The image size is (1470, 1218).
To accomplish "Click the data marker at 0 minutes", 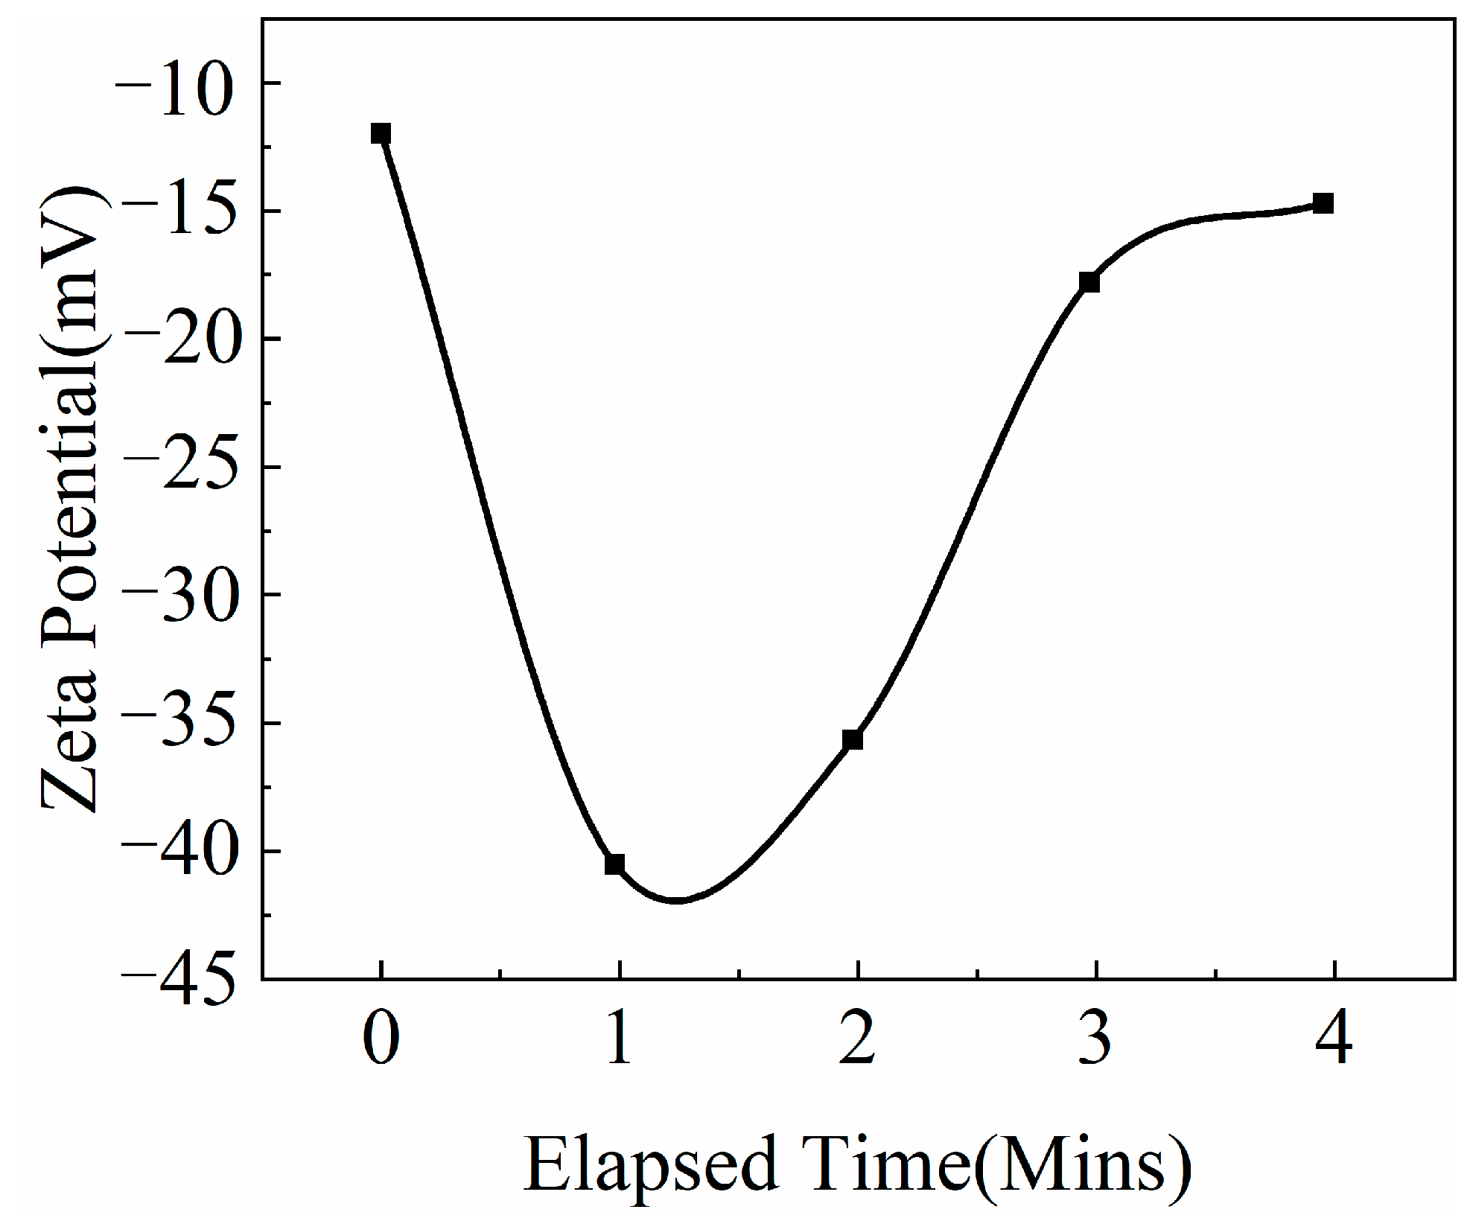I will (381, 133).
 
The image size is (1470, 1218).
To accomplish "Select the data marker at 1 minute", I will (614, 864).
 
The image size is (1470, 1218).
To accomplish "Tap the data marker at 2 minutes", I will (853, 739).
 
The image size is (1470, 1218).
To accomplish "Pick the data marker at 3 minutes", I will (1089, 281).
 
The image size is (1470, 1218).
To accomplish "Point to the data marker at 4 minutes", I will (1323, 203).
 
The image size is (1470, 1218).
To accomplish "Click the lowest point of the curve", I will (676, 902).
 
